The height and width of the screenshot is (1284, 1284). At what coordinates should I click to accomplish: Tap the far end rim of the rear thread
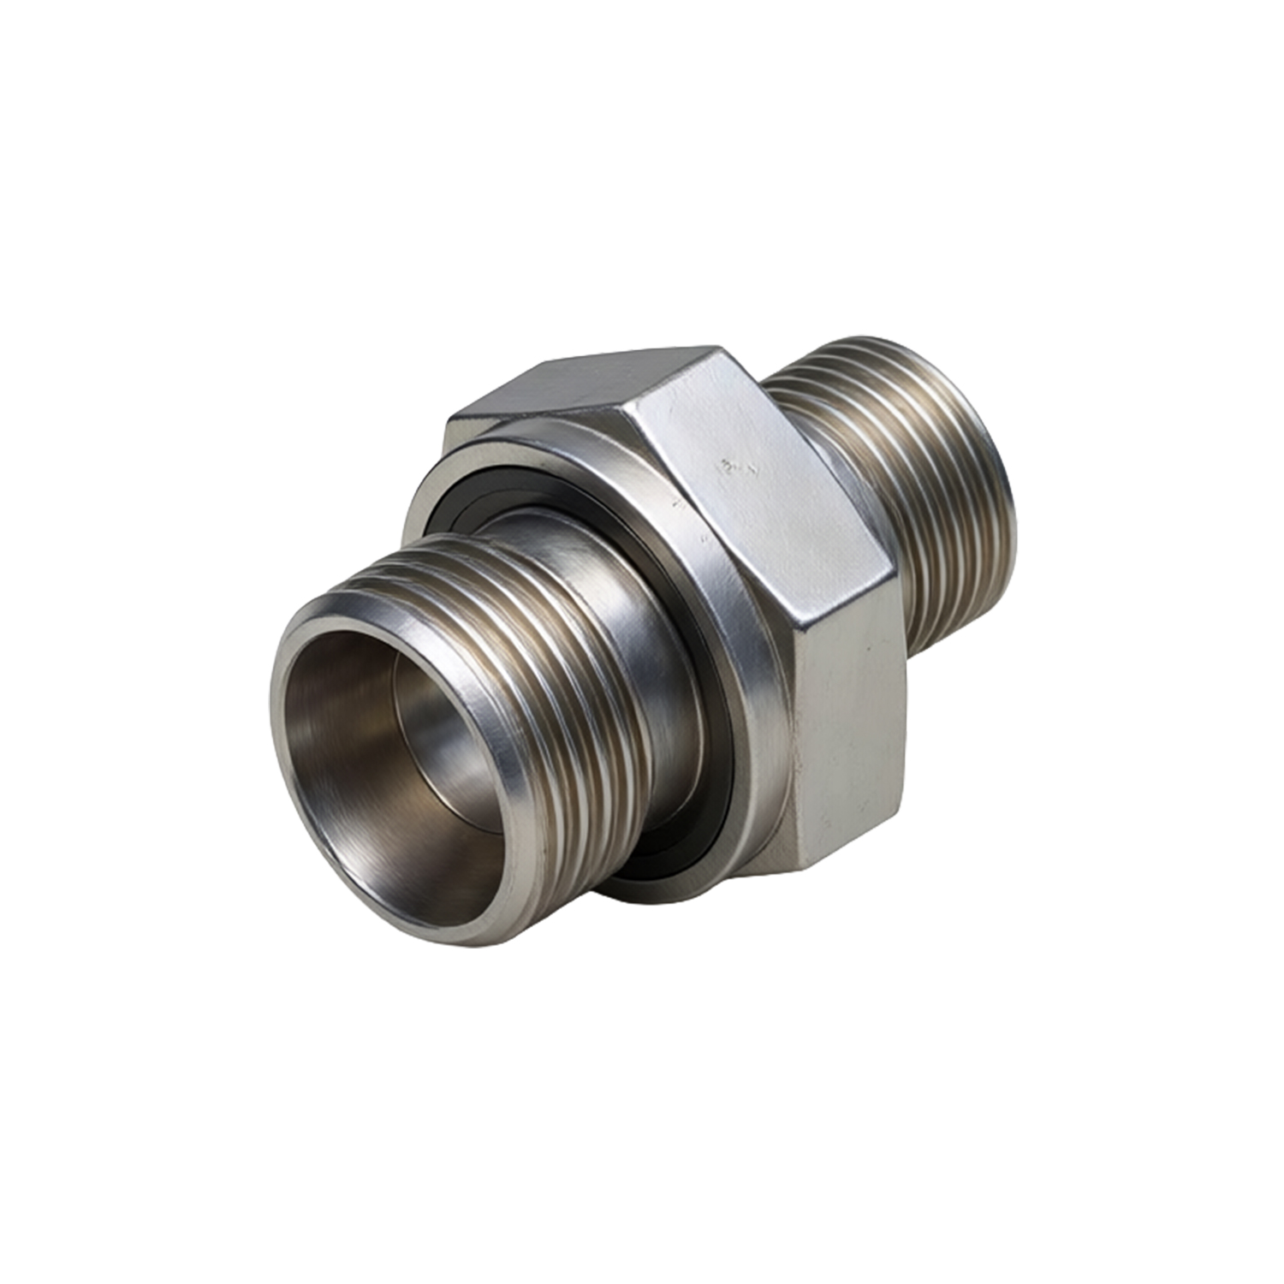click(x=997, y=479)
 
